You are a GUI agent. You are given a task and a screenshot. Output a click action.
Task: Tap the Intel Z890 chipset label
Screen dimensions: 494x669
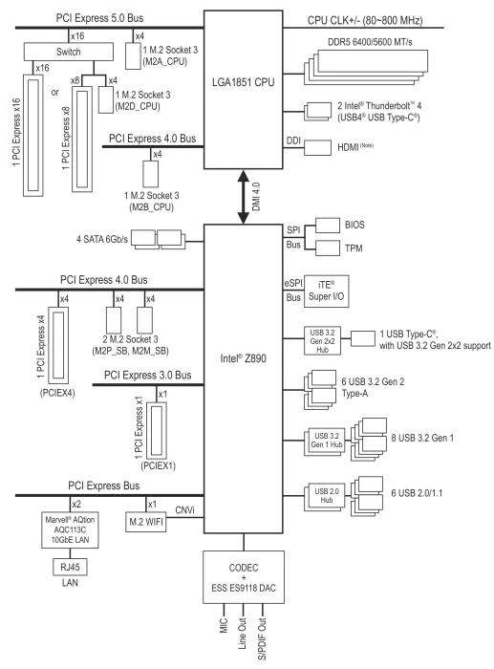243,358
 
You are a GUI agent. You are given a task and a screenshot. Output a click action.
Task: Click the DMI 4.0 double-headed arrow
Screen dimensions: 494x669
243,197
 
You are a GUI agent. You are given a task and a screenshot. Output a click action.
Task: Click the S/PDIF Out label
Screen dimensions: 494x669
262,638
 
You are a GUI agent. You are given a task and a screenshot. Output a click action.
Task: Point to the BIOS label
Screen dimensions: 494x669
354,225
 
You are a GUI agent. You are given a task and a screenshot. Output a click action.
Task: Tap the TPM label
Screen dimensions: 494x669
354,248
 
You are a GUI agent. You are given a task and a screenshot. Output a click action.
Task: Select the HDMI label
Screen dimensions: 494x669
348,147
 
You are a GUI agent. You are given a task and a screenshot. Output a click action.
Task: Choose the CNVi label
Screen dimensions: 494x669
184,509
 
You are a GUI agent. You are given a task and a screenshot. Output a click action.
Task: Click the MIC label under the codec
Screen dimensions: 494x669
225,625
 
